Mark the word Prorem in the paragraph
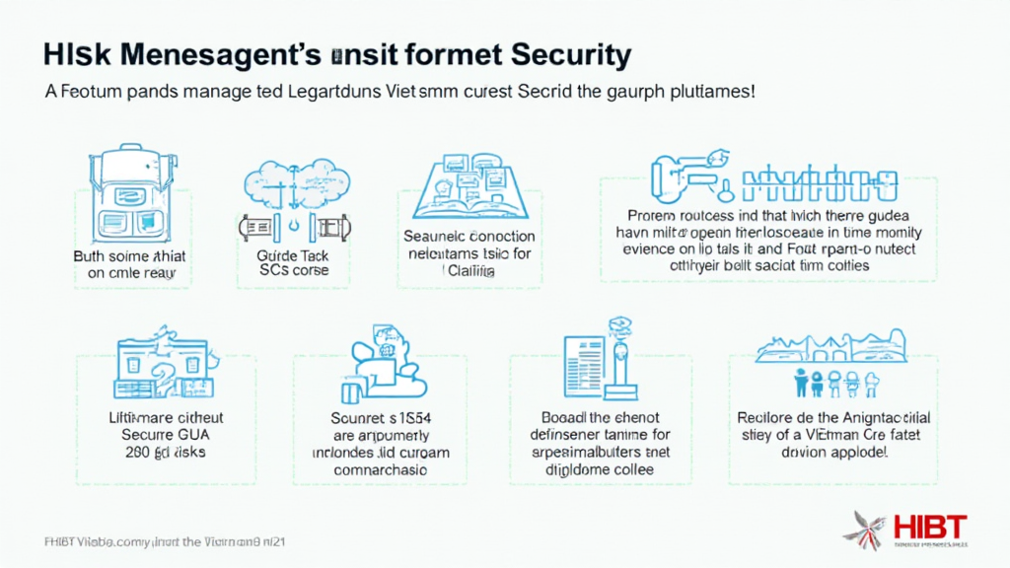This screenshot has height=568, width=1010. tap(653, 213)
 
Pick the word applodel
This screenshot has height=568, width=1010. tap(853, 452)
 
